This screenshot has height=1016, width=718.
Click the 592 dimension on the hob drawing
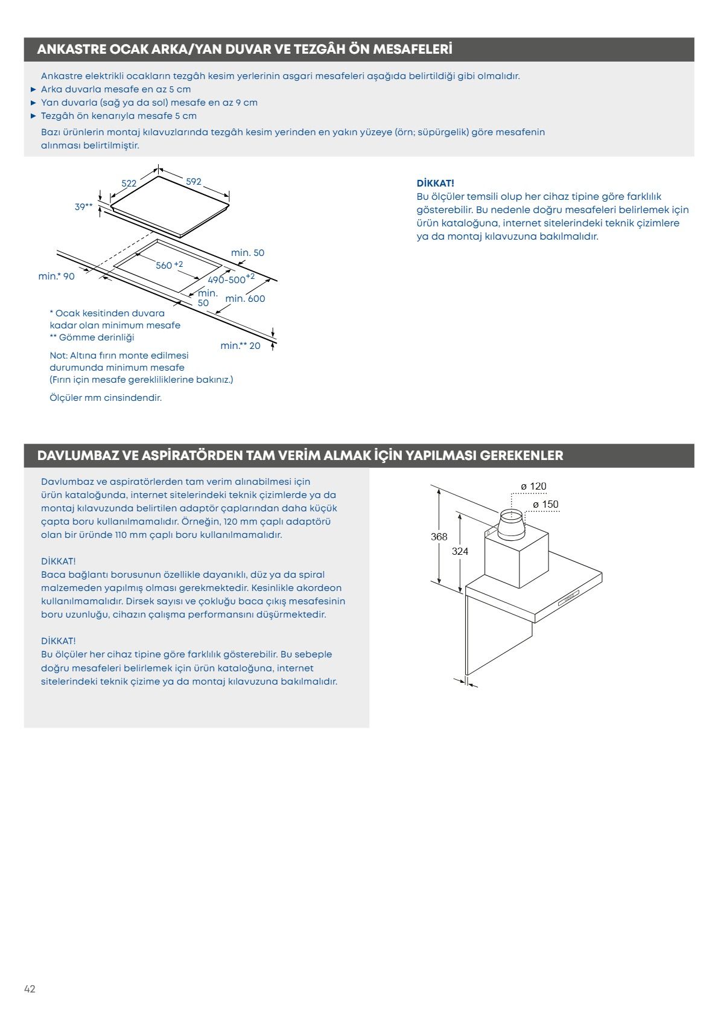(x=193, y=182)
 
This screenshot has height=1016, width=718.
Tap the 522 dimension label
(x=129, y=183)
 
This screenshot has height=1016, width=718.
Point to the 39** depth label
(x=84, y=207)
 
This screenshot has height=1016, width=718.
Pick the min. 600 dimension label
(x=245, y=299)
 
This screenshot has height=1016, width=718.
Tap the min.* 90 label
(x=57, y=276)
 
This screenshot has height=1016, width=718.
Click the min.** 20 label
(x=241, y=346)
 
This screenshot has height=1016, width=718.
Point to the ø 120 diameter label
(x=533, y=487)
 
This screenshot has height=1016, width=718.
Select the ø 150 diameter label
(x=545, y=505)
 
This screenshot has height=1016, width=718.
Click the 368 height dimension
(x=439, y=537)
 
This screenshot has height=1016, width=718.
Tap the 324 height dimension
(x=460, y=551)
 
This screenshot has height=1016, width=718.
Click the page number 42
(x=30, y=989)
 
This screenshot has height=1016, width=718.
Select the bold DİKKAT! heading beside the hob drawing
(x=435, y=183)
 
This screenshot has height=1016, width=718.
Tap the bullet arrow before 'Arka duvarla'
(x=34, y=89)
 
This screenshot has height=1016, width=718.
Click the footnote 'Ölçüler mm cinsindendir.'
(x=106, y=398)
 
